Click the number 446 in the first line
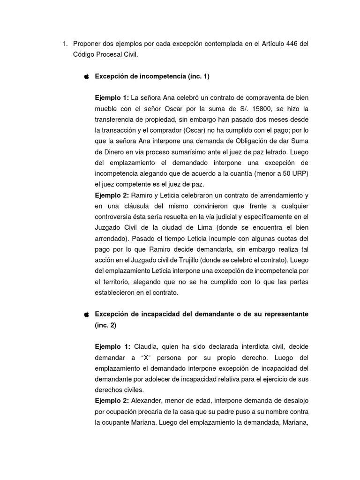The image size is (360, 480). tap(290, 44)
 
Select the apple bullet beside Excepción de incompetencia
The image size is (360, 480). tap(86, 76)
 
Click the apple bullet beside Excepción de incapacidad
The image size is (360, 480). tap(86, 314)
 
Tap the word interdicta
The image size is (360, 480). tap(240, 347)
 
